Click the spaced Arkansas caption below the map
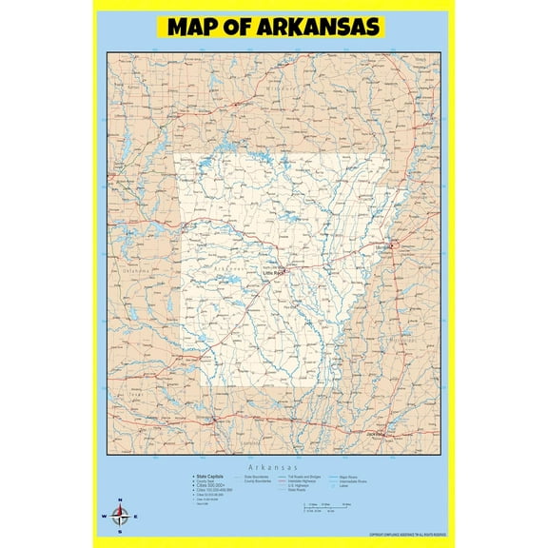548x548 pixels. pyautogui.click(x=275, y=469)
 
